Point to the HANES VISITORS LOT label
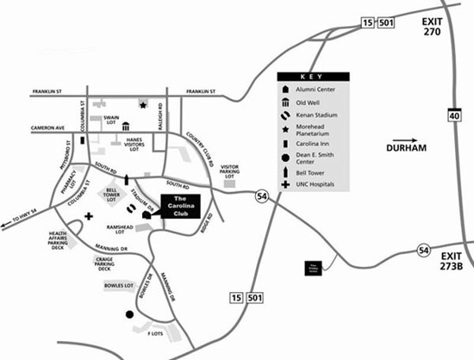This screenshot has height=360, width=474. point(133,144)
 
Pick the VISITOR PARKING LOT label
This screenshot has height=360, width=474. point(230,171)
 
